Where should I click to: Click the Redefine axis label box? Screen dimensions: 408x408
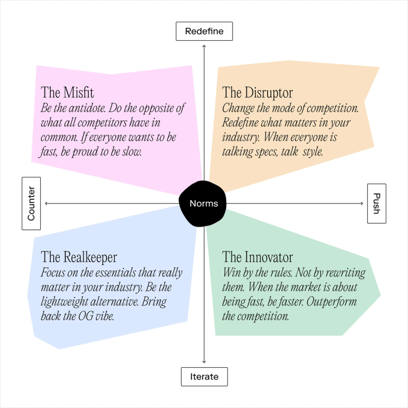(x=205, y=31)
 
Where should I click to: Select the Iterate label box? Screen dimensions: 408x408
(x=205, y=376)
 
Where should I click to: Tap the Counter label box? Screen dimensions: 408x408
(x=31, y=203)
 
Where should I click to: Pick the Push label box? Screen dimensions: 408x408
(x=376, y=203)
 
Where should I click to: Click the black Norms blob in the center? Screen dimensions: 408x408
(x=202, y=203)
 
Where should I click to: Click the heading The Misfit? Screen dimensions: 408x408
(x=67, y=92)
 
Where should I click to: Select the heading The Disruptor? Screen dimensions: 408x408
(x=258, y=93)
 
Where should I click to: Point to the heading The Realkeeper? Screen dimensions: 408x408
(x=79, y=258)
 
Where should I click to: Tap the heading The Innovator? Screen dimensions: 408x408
(x=258, y=257)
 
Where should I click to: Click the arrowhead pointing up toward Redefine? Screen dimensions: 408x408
(x=204, y=46)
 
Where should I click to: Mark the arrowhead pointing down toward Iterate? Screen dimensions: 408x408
(x=204, y=362)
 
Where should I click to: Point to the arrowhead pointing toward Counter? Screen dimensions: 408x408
(x=46, y=203)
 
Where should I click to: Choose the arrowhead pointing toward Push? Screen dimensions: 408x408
(x=362, y=203)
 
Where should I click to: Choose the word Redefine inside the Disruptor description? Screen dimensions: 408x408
(x=240, y=122)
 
